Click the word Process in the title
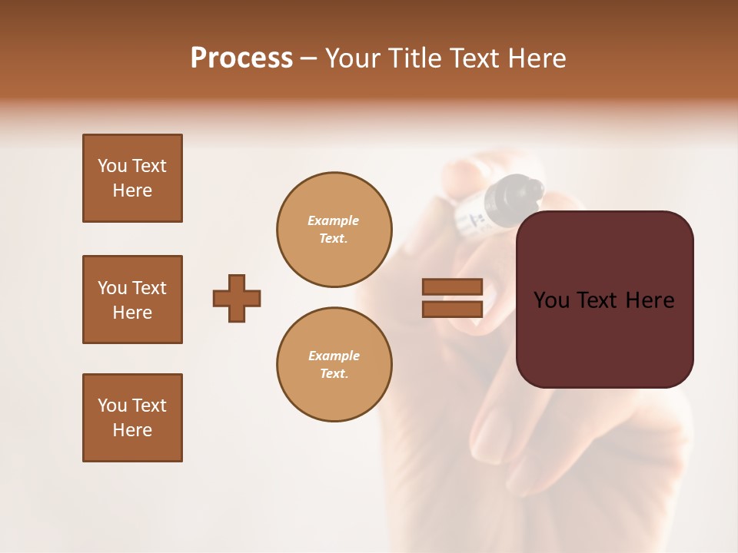point(241,58)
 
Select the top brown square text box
point(132,178)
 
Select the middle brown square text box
point(132,300)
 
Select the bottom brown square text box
point(132,418)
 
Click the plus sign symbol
point(237,298)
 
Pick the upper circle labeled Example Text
point(334,230)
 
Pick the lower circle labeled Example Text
point(334,365)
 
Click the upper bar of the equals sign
point(453,286)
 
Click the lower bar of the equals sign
point(453,309)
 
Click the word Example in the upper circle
point(334,220)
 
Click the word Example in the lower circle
point(334,356)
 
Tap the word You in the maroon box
point(551,300)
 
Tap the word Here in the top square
point(132,190)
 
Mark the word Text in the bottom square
point(149,406)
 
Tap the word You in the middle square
point(112,288)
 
